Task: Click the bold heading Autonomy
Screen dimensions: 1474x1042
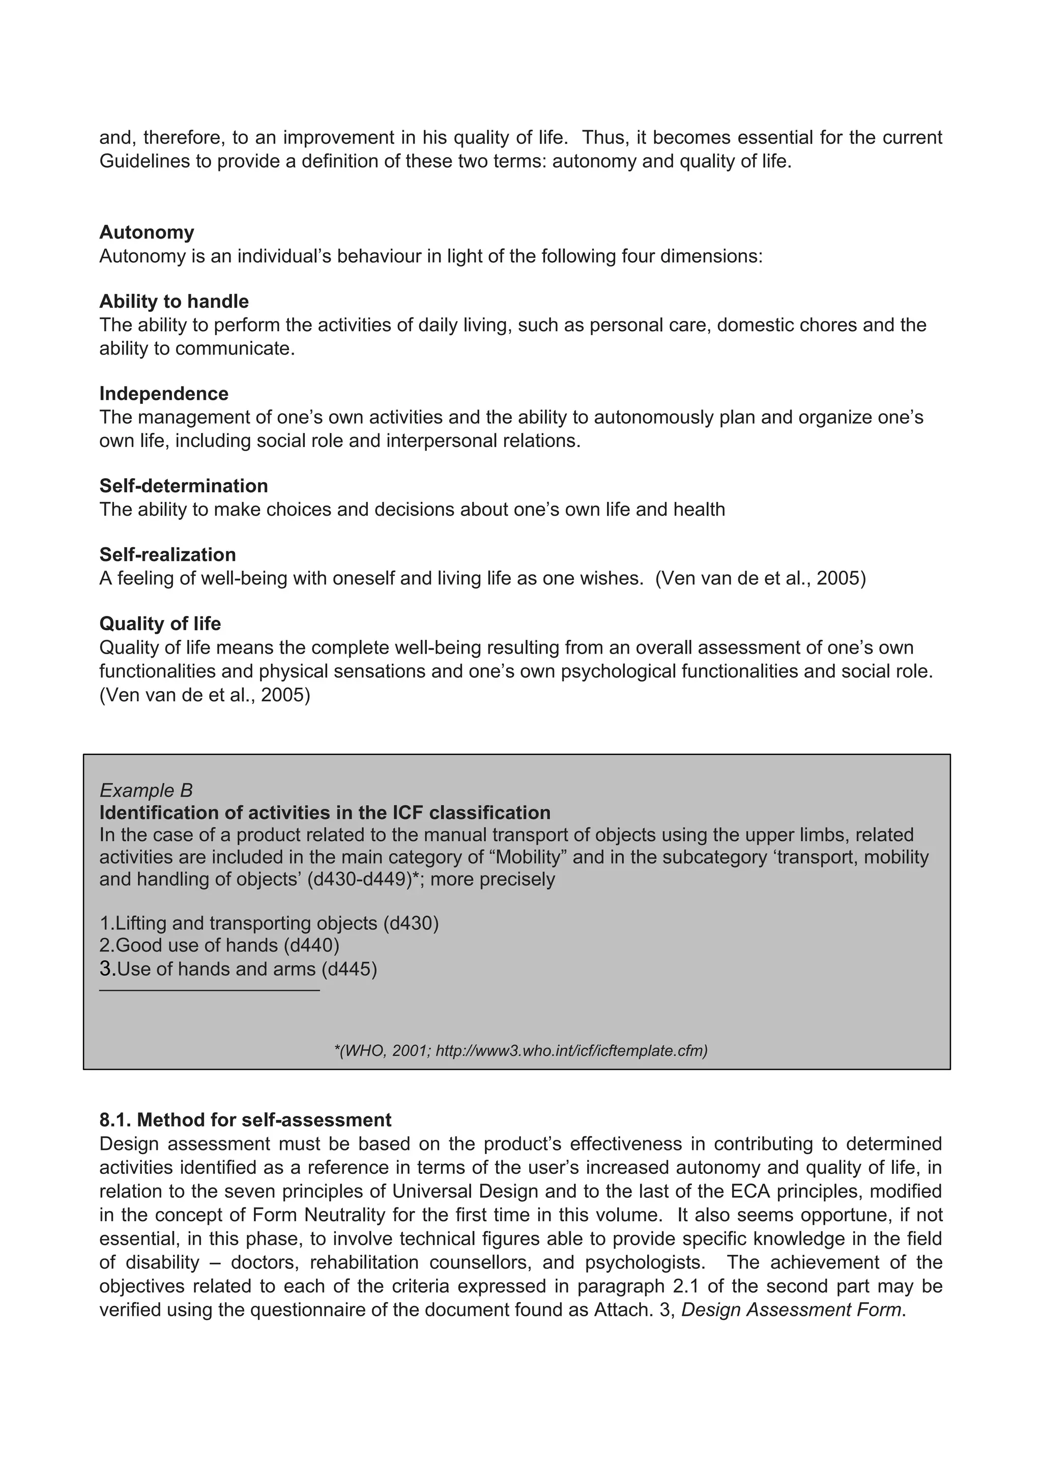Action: pos(147,232)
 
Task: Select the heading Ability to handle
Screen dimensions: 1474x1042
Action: pos(174,301)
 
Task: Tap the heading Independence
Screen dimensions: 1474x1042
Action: pos(164,394)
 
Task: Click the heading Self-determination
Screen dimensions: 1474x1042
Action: pos(184,485)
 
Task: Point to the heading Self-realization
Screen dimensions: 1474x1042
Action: pos(167,555)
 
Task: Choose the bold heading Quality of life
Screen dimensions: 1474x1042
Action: pos(160,624)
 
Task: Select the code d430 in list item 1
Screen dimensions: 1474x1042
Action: pos(411,923)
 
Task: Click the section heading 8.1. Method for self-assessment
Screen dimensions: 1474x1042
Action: pos(245,1119)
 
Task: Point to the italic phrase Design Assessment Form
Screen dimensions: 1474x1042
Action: pos(792,1310)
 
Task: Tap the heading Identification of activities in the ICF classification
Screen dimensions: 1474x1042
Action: pos(325,813)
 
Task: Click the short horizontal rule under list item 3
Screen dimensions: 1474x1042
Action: pos(209,991)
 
